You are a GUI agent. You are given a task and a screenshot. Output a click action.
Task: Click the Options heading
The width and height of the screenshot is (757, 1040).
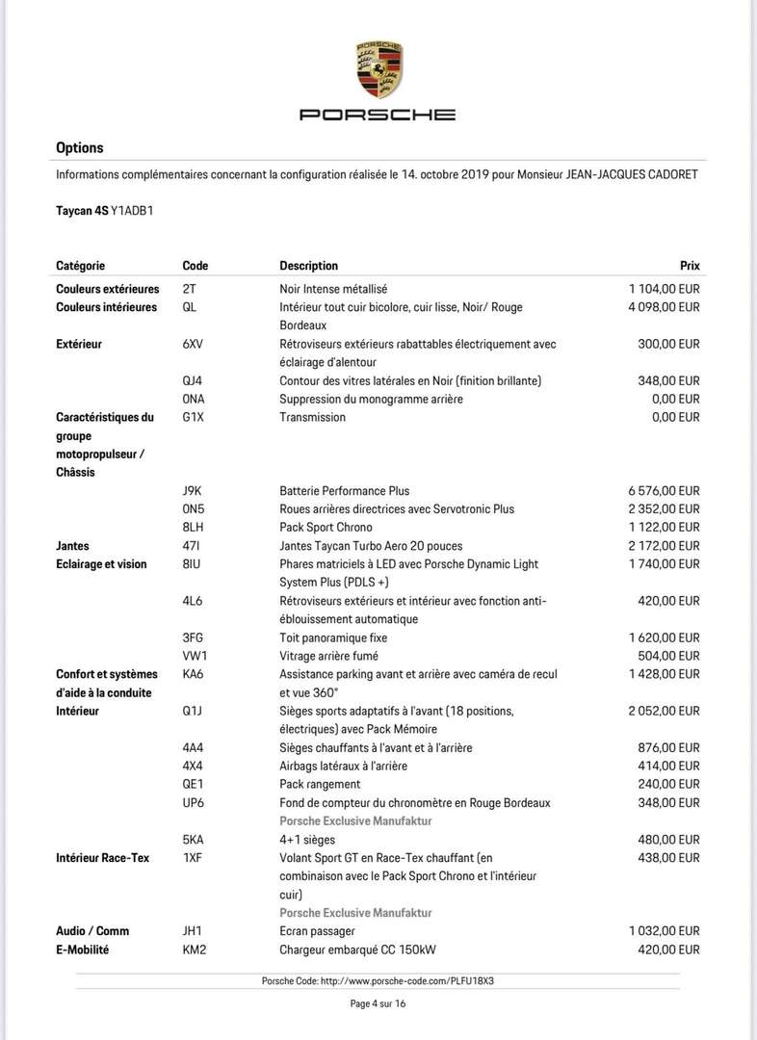80,148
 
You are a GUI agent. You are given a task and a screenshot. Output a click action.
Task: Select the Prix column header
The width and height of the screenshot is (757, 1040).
690,266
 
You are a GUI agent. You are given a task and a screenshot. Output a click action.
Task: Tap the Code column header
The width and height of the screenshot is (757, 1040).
195,266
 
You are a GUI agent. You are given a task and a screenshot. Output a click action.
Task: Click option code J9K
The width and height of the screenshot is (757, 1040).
193,491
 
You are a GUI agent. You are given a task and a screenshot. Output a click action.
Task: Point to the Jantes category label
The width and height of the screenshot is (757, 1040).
74,546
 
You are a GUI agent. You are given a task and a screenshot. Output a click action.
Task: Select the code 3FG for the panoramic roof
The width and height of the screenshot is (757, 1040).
193,637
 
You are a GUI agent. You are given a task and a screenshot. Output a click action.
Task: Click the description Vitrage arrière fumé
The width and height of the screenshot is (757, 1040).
333,656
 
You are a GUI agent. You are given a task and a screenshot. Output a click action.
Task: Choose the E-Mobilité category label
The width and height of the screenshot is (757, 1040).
83,949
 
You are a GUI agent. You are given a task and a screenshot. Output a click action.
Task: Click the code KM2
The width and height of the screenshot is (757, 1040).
195,949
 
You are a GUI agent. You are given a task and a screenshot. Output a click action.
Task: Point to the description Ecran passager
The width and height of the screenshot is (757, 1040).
317,931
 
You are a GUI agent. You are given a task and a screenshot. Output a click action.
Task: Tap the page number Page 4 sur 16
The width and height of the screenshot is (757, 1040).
378,1003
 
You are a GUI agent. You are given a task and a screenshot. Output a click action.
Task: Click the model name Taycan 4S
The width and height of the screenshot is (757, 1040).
82,209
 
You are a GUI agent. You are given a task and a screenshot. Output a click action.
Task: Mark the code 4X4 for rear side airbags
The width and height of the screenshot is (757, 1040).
193,766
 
